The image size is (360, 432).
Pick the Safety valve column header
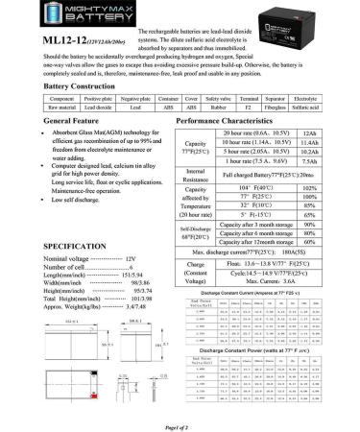(x=218, y=126)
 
